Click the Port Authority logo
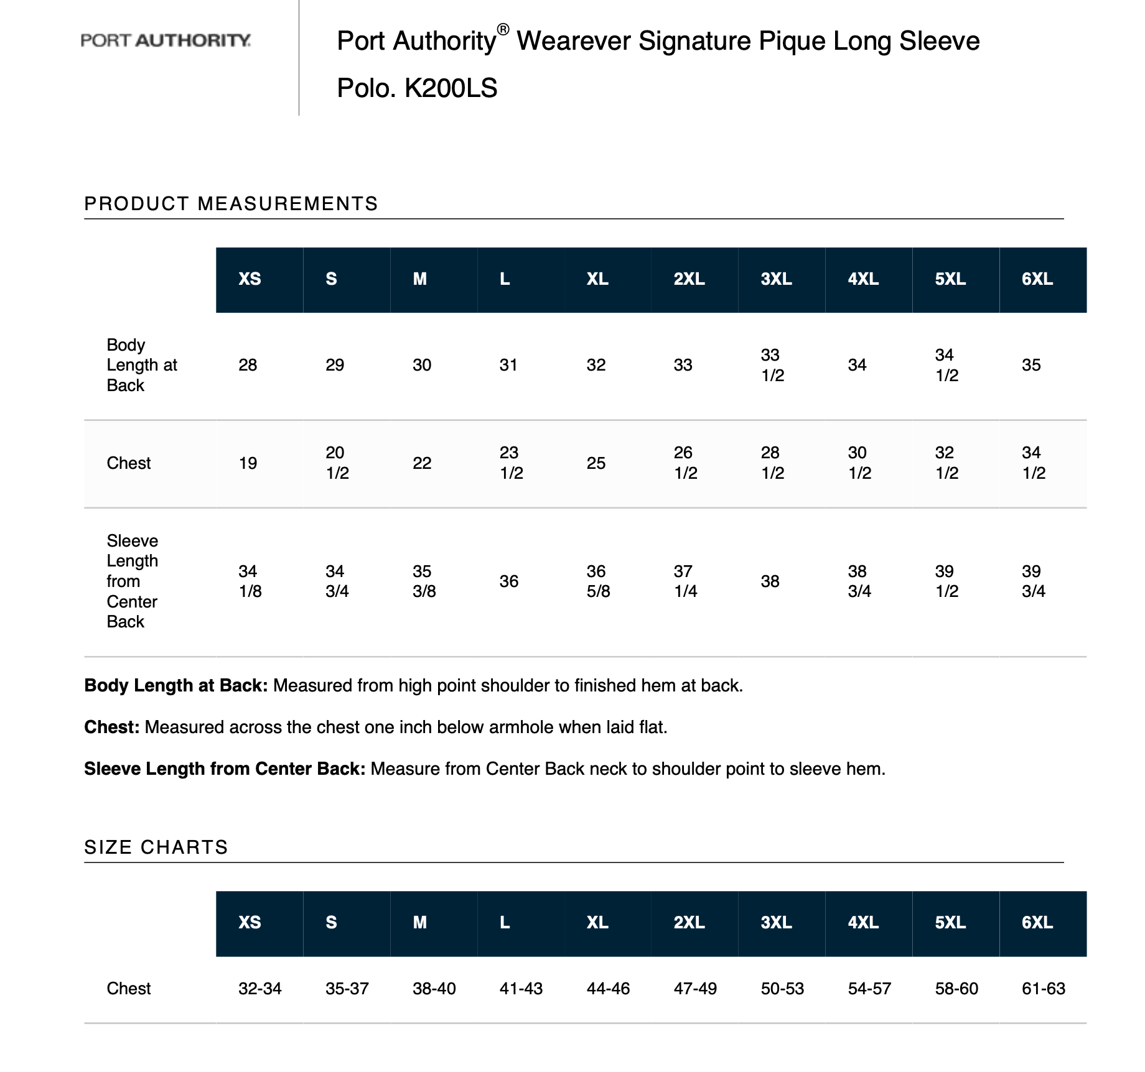166,41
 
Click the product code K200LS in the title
451,88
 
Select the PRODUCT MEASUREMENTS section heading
231,204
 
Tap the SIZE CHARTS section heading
156,847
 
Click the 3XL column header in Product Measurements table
776,279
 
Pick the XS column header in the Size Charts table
250,922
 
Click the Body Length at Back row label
141,365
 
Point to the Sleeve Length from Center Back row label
132,581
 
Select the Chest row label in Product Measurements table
129,463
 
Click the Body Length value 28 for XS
248,365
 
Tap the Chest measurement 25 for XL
596,463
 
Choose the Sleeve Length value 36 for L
508,581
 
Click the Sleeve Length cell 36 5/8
598,581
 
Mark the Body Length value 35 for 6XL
1031,365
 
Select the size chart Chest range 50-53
782,989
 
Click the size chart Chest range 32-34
260,989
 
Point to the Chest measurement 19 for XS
248,463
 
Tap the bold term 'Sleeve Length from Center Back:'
225,769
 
